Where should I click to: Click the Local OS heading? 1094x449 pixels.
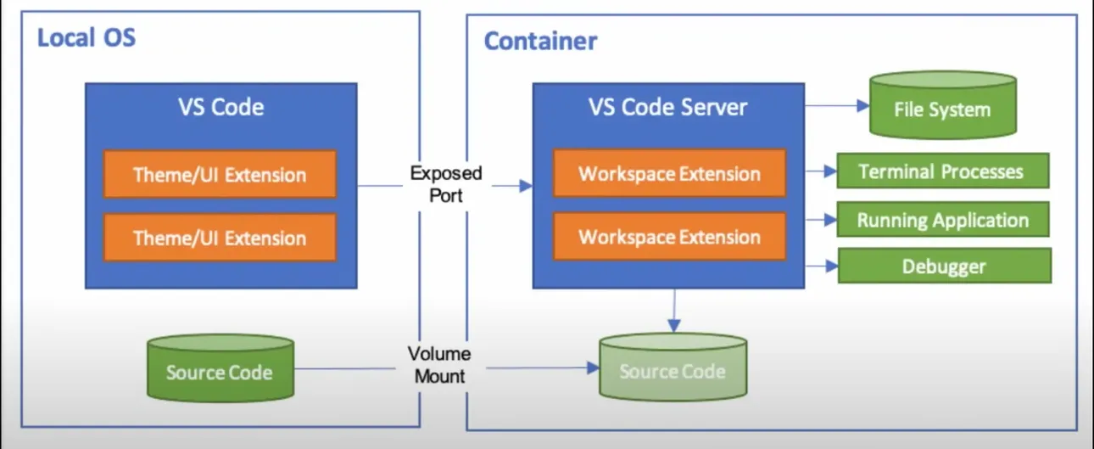pos(86,38)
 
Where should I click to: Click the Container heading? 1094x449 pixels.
pos(540,41)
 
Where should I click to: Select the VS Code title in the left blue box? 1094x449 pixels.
pos(220,107)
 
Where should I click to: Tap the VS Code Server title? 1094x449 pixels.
pos(668,107)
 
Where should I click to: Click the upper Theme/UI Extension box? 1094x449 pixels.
pos(220,175)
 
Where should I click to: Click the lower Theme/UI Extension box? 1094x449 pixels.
pos(220,238)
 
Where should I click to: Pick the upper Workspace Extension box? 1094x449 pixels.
pos(669,174)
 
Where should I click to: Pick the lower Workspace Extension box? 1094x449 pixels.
pos(669,237)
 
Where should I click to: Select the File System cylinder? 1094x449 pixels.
pos(942,108)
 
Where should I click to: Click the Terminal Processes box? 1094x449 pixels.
pos(943,171)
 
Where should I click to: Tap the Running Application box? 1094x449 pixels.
pos(943,220)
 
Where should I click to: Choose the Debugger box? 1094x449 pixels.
pos(944,267)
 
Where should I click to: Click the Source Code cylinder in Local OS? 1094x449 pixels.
pos(220,371)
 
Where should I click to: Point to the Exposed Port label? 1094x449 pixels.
pos(446,184)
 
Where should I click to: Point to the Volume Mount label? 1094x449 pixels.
pos(439,365)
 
